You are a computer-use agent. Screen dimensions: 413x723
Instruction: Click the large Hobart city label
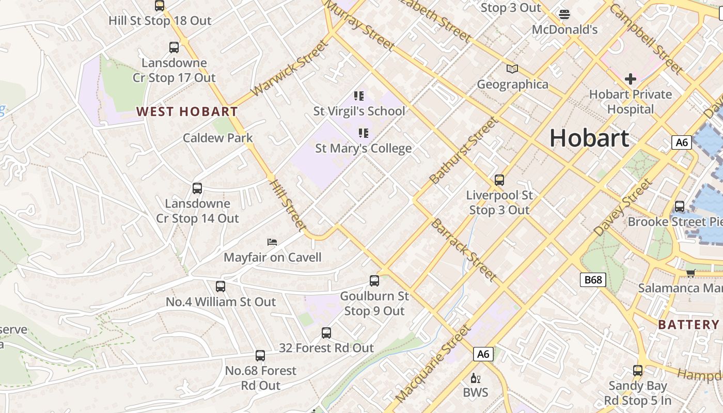click(589, 138)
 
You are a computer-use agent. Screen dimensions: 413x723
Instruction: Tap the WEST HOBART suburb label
click(187, 112)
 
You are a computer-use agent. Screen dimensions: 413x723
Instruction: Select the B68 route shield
click(592, 280)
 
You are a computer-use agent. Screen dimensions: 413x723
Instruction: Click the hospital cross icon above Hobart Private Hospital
click(630, 79)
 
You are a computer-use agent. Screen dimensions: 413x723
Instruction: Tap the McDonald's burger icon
click(564, 14)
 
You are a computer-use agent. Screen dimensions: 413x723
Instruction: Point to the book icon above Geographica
click(512, 69)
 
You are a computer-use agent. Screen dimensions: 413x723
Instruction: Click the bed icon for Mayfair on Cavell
click(272, 242)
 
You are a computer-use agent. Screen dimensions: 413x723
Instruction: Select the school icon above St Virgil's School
click(359, 96)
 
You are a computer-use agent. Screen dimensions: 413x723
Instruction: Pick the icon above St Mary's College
click(364, 133)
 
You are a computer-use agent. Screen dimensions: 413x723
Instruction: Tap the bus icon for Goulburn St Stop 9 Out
click(374, 281)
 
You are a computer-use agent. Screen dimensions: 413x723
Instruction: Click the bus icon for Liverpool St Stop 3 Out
click(499, 180)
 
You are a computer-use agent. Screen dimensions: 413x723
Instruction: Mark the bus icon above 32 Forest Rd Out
click(326, 333)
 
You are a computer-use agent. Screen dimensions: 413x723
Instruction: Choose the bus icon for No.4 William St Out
click(221, 287)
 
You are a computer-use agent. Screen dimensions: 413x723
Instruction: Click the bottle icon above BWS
click(475, 378)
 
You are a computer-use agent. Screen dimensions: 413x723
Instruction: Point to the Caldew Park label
click(218, 138)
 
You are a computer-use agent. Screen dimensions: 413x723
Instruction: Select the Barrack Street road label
click(463, 250)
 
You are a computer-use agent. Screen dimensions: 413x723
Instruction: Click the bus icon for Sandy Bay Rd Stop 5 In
click(638, 371)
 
